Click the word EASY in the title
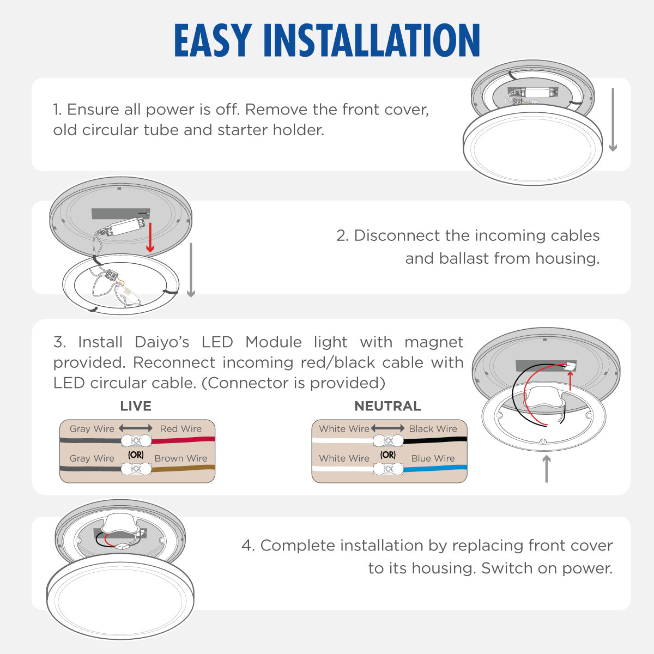pos(213,41)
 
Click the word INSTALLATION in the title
pos(372,41)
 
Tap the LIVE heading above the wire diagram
pos(136,406)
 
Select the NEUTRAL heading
pos(387,406)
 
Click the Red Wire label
pos(181,429)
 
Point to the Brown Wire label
pos(181,458)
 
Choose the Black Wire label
pos(433,429)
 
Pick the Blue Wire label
pos(433,458)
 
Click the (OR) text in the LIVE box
pos(136,455)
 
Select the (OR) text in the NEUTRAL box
pos(388,455)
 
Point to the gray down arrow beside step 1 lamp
pos(613,120)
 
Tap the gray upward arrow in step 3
pos(546,469)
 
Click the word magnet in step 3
pos(434,342)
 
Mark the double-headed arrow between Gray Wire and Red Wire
pos(136,428)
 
